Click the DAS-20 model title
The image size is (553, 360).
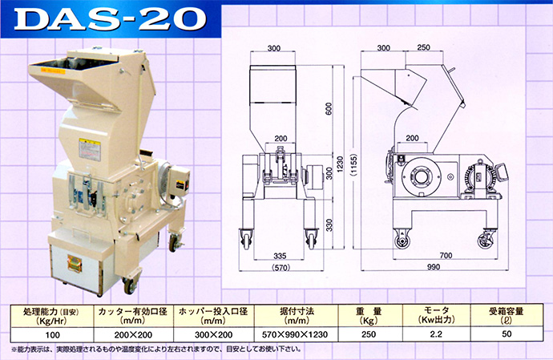[110, 19]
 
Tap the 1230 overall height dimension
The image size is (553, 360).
[340, 164]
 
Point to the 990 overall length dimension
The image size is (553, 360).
[434, 267]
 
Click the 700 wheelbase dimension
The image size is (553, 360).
[446, 255]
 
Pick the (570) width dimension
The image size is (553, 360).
[281, 268]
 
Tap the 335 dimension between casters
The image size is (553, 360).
[280, 256]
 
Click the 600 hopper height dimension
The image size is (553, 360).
[329, 109]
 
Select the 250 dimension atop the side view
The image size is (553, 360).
[423, 47]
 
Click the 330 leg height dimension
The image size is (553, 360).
[329, 225]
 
